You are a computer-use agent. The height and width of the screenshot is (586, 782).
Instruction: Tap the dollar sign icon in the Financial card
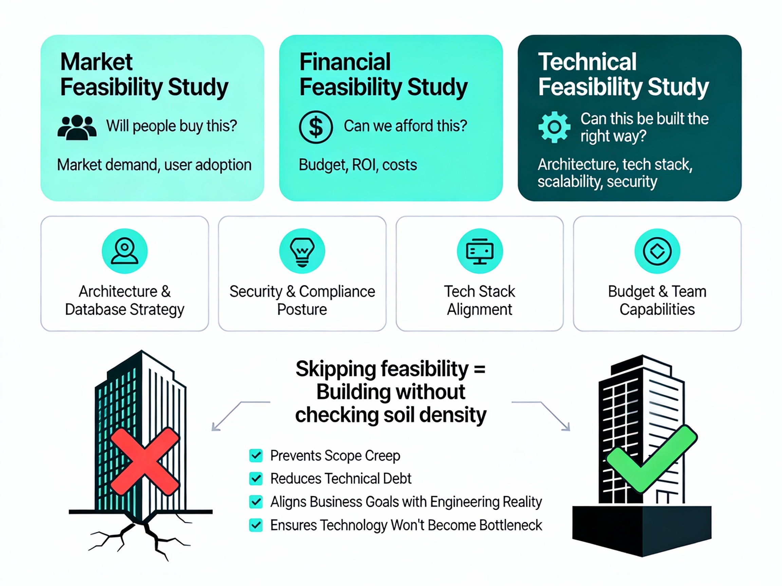pos(315,127)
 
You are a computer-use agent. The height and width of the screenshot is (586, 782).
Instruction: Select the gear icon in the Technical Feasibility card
pos(554,127)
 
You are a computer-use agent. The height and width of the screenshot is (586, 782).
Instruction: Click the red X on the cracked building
pos(145,461)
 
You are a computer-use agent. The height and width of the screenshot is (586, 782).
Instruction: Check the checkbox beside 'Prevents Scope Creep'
pos(256,456)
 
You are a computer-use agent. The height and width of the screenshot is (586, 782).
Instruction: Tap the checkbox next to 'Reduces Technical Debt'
pos(256,478)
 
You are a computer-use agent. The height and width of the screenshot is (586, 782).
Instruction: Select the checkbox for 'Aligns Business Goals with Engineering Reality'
pos(256,502)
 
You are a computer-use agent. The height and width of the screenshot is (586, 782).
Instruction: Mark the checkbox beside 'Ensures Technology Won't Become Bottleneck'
pos(256,525)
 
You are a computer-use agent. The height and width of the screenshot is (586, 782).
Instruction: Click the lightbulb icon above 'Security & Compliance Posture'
pos(302,251)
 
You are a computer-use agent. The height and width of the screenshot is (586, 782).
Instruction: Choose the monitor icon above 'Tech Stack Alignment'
pos(479,251)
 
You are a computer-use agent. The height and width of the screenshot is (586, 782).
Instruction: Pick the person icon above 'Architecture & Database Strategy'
pos(125,251)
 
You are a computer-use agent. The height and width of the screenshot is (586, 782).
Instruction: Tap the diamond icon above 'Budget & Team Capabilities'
pos(657,251)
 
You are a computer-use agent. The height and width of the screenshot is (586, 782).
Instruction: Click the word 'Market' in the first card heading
pos(96,62)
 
